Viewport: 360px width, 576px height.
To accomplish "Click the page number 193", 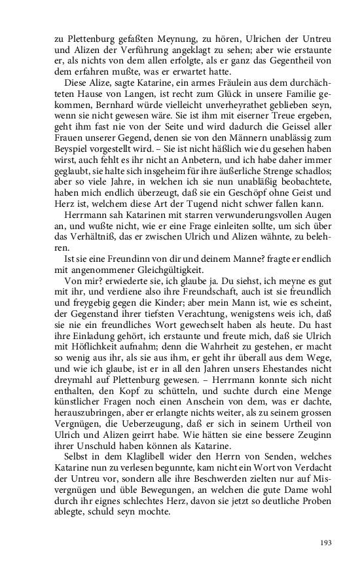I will pos(325,542).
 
